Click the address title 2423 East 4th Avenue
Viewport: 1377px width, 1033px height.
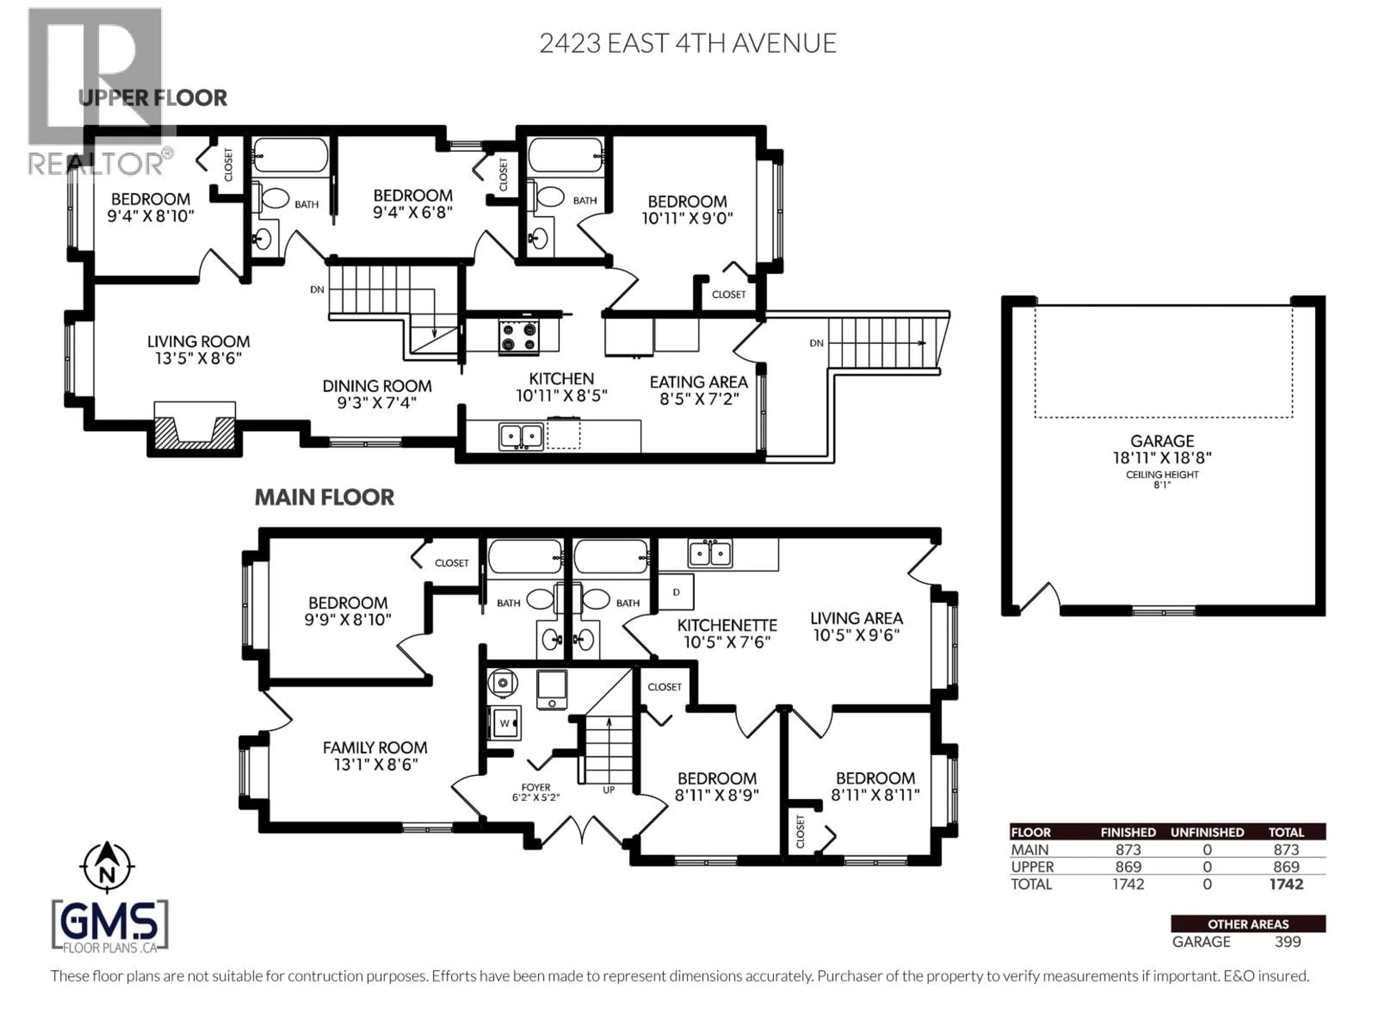point(687,43)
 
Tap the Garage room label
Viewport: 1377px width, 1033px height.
point(1161,441)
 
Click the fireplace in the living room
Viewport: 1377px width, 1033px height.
point(194,430)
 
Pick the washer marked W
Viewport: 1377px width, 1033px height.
point(504,723)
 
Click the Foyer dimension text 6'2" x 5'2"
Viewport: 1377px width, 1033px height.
point(536,797)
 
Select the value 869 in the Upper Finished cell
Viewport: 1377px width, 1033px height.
point(1128,867)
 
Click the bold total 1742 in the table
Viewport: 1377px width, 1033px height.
point(1286,884)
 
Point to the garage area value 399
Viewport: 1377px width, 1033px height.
point(1287,942)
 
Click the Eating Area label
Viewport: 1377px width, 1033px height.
point(699,382)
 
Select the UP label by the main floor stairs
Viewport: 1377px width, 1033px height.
point(608,789)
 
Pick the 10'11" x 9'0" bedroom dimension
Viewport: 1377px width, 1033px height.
point(687,218)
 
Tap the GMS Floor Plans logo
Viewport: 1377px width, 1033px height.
point(110,926)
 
